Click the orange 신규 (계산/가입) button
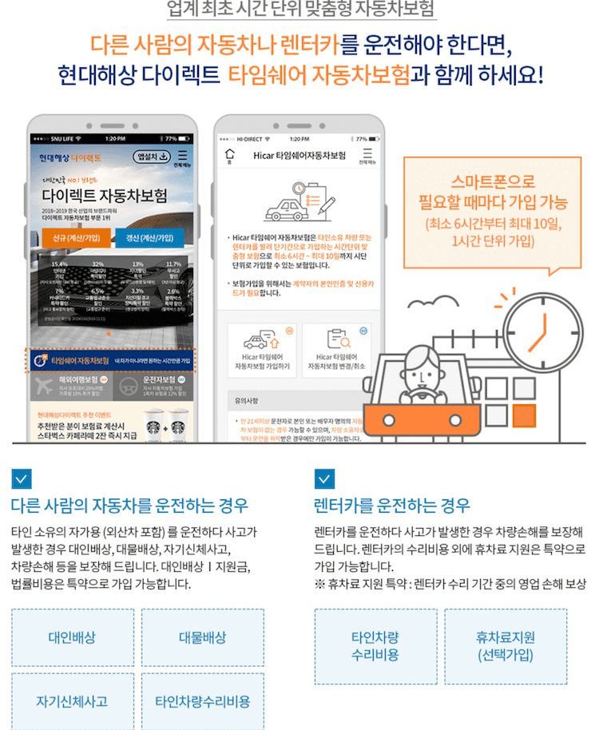coord(70,238)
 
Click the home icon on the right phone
coord(230,155)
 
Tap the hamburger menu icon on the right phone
coord(367,155)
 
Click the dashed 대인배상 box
coord(72,637)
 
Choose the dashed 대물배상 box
coord(202,637)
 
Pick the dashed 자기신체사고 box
coord(72,702)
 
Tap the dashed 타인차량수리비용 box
coord(202,702)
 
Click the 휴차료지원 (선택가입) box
coord(506,646)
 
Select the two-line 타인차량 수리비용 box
coord(375,646)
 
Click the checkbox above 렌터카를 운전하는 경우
coord(324,479)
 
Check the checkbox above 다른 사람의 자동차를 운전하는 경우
coord(22,479)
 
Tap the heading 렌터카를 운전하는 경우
coord(392,506)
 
